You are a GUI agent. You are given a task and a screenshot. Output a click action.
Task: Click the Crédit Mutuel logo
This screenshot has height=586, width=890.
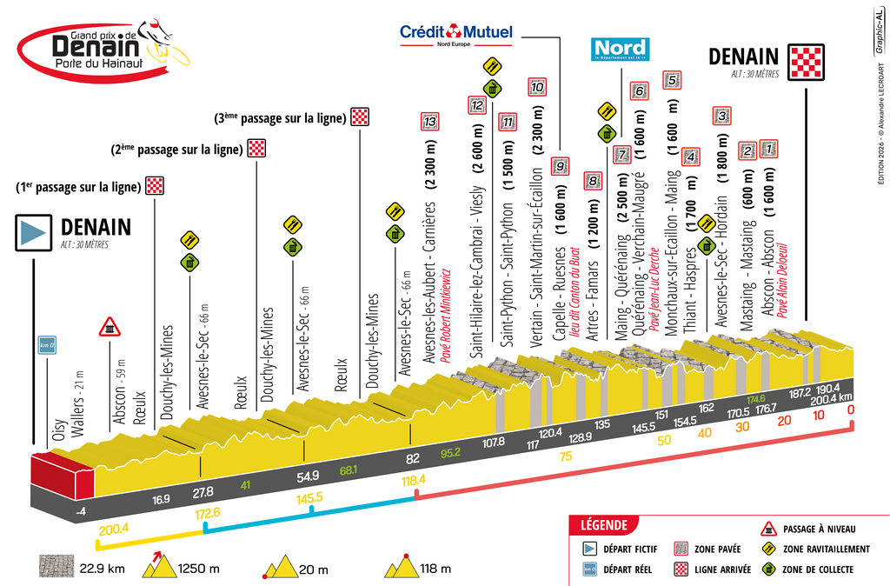(x=455, y=34)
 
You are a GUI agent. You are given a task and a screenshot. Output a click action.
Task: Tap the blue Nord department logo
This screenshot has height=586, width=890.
(x=619, y=49)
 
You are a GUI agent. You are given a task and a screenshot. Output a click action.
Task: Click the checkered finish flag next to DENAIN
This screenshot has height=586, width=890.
(x=806, y=61)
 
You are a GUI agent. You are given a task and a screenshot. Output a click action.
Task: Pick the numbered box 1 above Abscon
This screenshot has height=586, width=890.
(x=768, y=150)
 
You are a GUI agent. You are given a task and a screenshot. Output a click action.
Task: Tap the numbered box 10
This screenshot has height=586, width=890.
(x=537, y=87)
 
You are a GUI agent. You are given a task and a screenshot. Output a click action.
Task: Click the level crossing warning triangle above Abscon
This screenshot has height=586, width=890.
(x=110, y=327)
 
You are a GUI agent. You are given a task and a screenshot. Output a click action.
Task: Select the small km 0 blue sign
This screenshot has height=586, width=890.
(x=47, y=346)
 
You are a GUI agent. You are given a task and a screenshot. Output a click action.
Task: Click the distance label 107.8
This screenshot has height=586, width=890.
(x=493, y=443)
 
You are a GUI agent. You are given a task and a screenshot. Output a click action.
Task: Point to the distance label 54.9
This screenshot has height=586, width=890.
(x=309, y=476)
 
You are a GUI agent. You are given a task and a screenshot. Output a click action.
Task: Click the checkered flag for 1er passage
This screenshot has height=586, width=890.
(x=154, y=185)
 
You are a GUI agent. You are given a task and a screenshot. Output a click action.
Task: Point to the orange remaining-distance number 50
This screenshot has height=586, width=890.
(x=665, y=441)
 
